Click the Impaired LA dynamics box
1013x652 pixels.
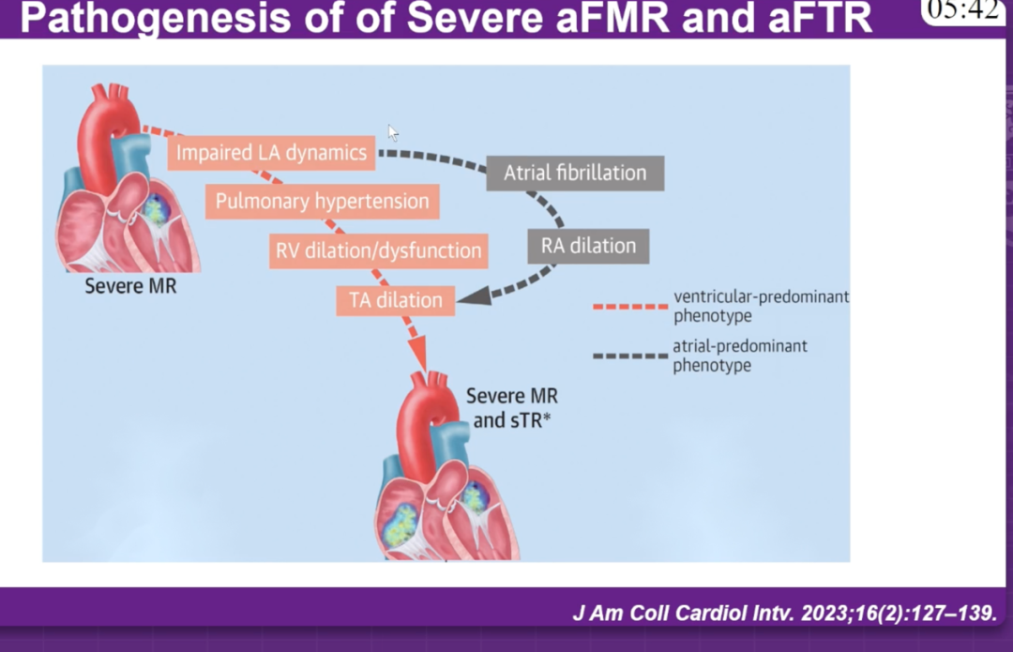click(271, 153)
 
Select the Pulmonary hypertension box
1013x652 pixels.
click(322, 201)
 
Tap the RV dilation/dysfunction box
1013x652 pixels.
click(378, 250)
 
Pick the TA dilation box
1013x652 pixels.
click(395, 300)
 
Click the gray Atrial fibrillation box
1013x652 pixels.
click(575, 173)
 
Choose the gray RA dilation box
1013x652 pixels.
click(588, 246)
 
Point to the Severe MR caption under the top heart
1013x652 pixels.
click(130, 286)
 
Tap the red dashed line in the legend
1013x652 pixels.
click(629, 306)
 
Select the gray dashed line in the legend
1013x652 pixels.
click(629, 356)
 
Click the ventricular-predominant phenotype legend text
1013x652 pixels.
click(761, 306)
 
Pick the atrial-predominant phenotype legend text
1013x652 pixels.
click(739, 356)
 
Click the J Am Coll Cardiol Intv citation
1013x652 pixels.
click(783, 614)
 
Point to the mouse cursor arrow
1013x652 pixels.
click(394, 133)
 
